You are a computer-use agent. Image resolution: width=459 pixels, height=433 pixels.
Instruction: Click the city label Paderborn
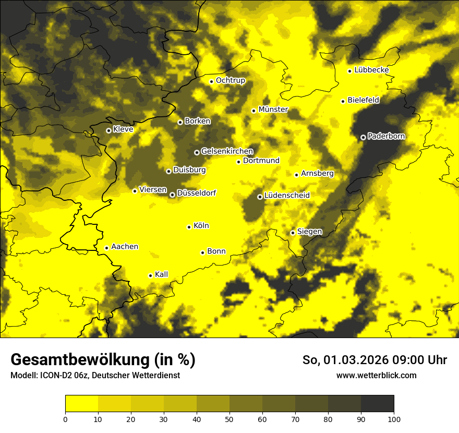[386, 136]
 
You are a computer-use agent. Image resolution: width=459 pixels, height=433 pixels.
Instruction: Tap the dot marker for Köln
[189, 227]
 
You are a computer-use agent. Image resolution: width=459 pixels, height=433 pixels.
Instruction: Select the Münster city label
[273, 110]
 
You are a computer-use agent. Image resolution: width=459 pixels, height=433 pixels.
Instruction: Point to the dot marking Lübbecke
[349, 71]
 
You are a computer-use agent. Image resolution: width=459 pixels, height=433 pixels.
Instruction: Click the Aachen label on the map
[125, 247]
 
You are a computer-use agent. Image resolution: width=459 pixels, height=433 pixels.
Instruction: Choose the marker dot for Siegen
[293, 233]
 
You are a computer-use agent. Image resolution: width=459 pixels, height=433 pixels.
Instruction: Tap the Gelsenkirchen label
[227, 151]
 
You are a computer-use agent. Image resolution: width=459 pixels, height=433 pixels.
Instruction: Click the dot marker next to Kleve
[108, 130]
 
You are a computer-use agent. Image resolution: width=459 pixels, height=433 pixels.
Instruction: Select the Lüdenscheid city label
[287, 196]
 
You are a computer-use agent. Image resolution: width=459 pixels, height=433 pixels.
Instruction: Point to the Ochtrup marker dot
[211, 81]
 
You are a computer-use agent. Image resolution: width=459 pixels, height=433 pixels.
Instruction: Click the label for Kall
[162, 274]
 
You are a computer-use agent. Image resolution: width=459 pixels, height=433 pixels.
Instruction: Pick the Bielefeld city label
[363, 100]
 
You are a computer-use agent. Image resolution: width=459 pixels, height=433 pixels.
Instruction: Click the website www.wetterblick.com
[376, 375]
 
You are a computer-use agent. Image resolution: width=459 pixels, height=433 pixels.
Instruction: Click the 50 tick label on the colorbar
[229, 418]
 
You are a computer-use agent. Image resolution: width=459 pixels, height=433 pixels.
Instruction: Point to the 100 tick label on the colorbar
[394, 418]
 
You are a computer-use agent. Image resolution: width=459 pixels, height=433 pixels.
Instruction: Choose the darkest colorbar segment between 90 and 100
[377, 404]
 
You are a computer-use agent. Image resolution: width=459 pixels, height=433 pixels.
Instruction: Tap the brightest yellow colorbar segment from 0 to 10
[81, 404]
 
